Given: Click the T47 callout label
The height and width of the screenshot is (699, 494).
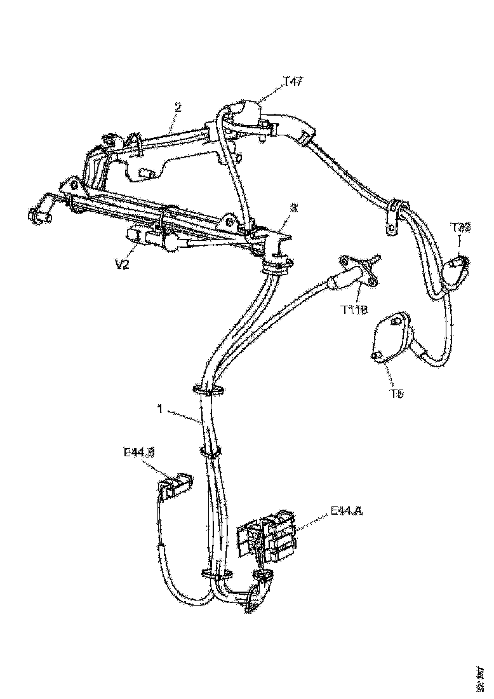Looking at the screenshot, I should click(x=293, y=81).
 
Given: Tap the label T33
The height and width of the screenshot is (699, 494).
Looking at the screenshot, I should click(x=460, y=227).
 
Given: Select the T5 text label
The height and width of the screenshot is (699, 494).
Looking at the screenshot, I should click(x=397, y=394).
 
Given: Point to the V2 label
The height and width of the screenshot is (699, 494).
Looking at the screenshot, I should click(x=122, y=264).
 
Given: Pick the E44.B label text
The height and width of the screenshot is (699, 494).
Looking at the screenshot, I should click(x=139, y=452).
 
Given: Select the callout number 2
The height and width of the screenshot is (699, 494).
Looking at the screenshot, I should click(x=178, y=107).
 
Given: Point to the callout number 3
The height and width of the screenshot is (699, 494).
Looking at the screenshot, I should click(x=293, y=208).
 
